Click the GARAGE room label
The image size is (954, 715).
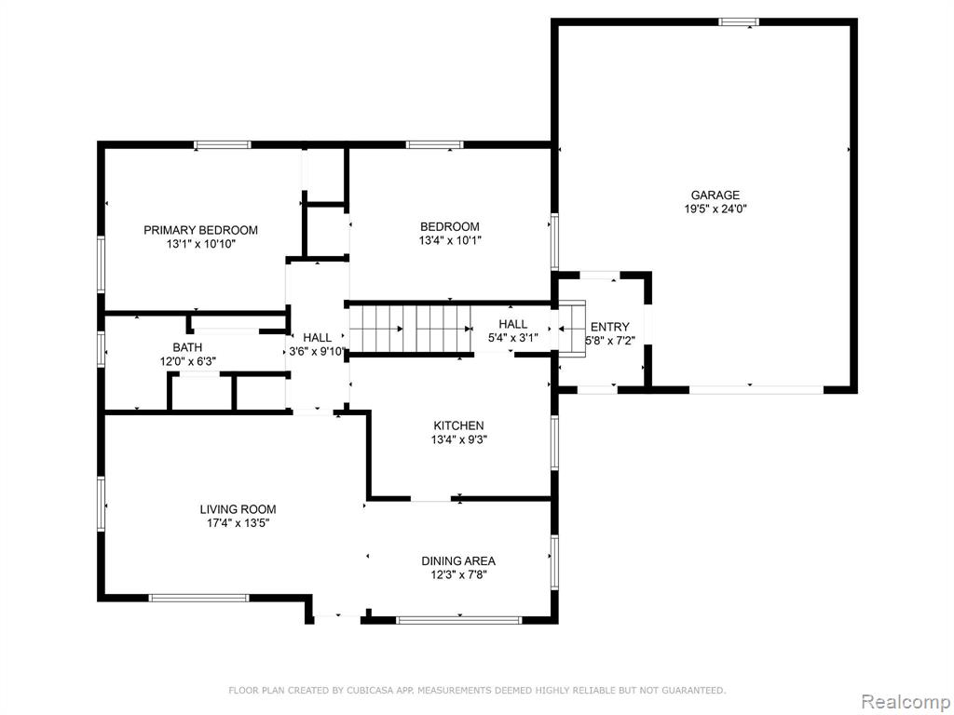715,196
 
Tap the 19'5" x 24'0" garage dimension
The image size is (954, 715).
715,209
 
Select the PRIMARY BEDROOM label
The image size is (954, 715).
200,230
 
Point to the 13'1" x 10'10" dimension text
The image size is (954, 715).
200,244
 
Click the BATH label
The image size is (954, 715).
187,347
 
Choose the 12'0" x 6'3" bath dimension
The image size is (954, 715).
187,361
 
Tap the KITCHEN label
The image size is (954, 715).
458,425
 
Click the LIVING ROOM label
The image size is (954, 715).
238,509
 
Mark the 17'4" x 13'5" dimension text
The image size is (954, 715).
238,523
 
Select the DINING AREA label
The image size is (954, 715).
458,560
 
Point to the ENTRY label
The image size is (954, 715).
609,327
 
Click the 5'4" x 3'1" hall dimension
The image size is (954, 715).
513,338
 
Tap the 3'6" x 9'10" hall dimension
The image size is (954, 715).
317,351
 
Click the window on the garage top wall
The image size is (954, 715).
739,22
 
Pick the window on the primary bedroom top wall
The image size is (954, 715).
223,144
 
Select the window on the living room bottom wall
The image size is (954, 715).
199,598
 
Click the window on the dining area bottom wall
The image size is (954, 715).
458,620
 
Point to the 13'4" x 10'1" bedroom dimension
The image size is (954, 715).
450,240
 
